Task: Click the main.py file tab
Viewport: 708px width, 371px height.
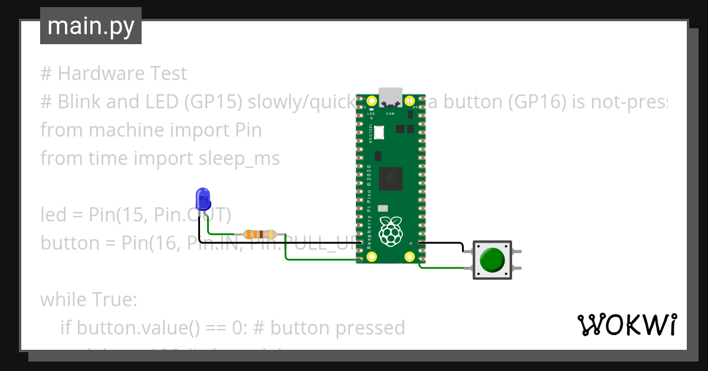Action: click(x=90, y=26)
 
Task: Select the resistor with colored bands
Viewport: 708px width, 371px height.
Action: click(x=260, y=234)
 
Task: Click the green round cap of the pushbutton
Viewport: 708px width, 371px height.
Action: click(x=492, y=260)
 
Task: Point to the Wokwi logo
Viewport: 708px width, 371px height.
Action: click(x=626, y=324)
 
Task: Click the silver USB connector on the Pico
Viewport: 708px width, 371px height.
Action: click(x=389, y=96)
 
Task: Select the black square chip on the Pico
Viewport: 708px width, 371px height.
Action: click(x=389, y=178)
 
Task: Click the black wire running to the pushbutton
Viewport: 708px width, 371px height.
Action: click(x=442, y=243)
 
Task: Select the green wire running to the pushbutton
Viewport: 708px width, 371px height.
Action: click(x=442, y=268)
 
